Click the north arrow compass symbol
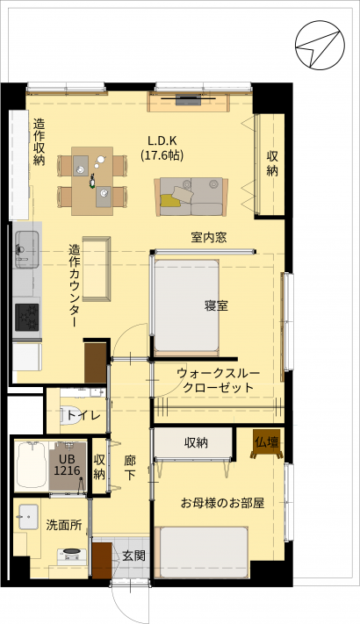click(320, 46)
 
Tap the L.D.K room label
click(162, 141)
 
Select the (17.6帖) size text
click(162, 154)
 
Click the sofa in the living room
click(191, 197)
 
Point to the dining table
click(92, 181)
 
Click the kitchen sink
click(27, 250)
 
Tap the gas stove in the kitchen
click(27, 317)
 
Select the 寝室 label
click(216, 305)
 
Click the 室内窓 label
click(209, 238)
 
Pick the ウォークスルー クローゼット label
click(218, 380)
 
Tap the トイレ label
click(83, 416)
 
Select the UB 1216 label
click(67, 465)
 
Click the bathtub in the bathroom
click(31, 465)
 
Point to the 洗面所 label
click(64, 525)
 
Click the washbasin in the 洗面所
click(28, 517)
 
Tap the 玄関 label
click(133, 556)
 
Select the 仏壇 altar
click(267, 443)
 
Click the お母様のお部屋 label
click(223, 503)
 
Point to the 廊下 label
click(130, 469)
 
